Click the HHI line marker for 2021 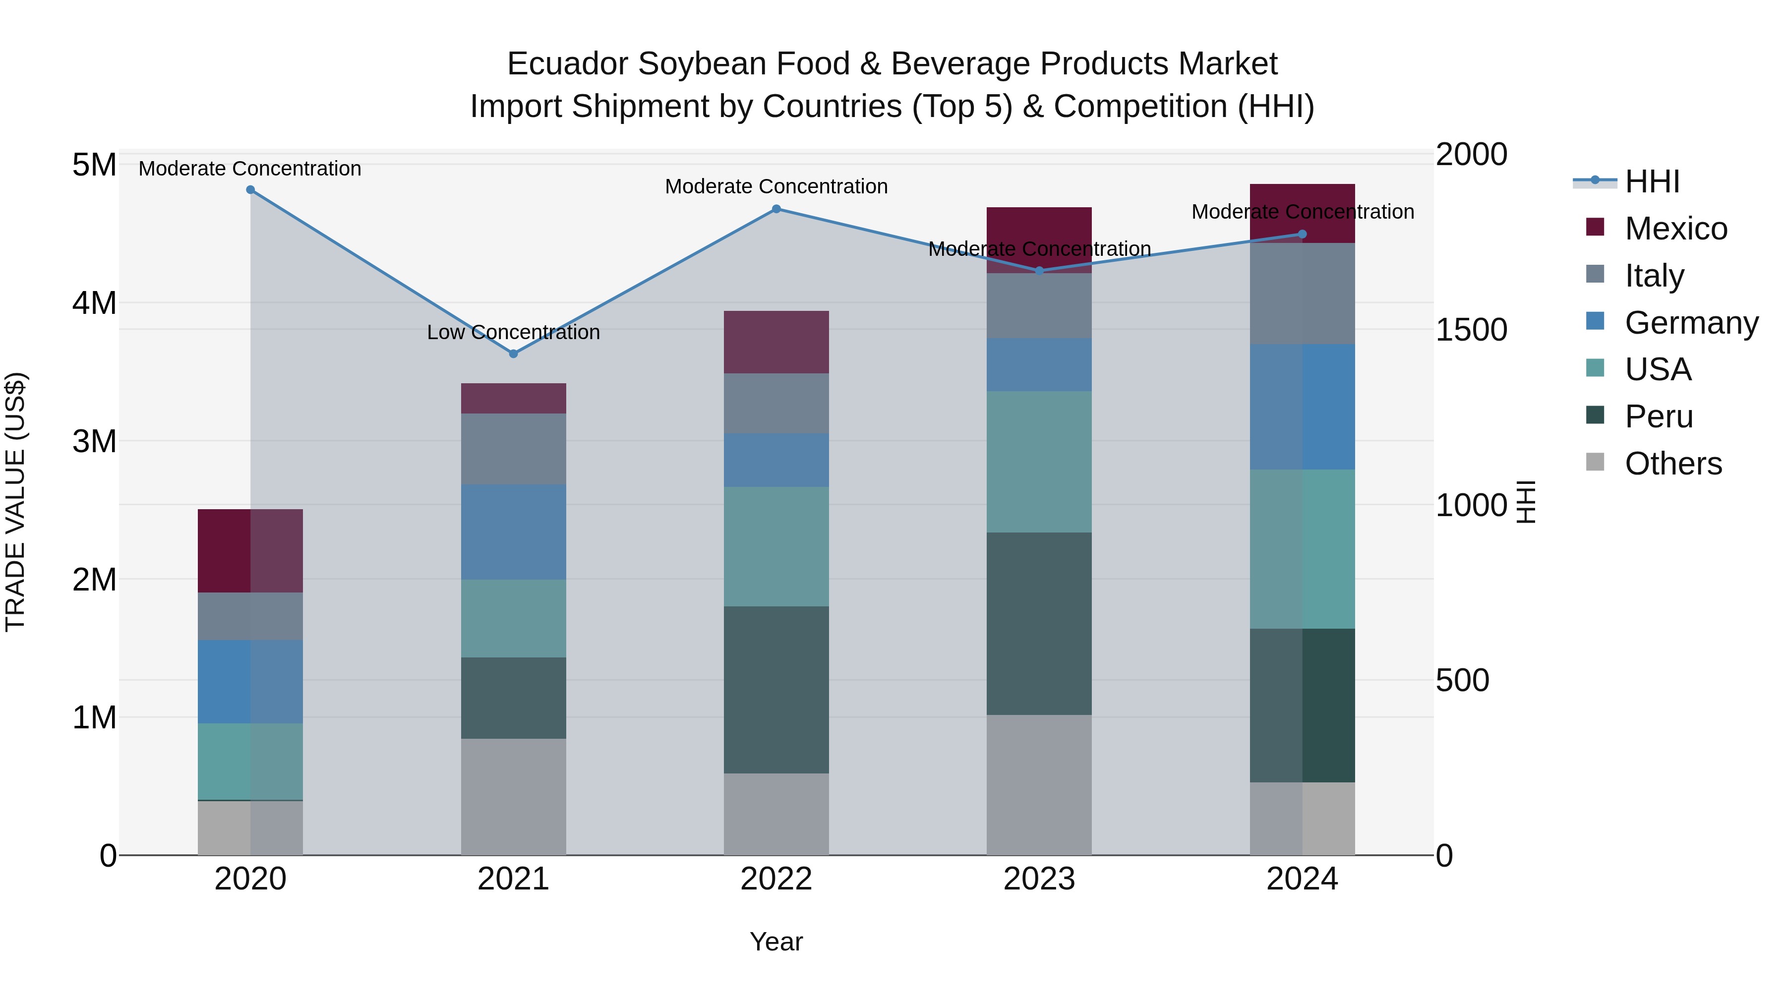pyautogui.click(x=514, y=354)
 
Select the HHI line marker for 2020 pyautogui.click(x=251, y=190)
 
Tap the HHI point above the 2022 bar pyautogui.click(x=776, y=209)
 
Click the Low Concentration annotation pyautogui.click(x=514, y=333)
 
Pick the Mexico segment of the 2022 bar pyautogui.click(x=776, y=342)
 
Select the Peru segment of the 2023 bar pyautogui.click(x=1039, y=624)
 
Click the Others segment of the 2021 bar pyautogui.click(x=514, y=797)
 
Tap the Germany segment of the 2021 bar pyautogui.click(x=514, y=532)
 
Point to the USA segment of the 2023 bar pyautogui.click(x=1039, y=462)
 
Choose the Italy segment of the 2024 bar pyautogui.click(x=1302, y=294)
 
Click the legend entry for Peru pyautogui.click(x=1658, y=416)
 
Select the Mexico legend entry pyautogui.click(x=1675, y=229)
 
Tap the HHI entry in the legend pyautogui.click(x=1652, y=181)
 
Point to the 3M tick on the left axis pyautogui.click(x=94, y=441)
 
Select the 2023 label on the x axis pyautogui.click(x=1039, y=879)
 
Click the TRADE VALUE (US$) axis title pyautogui.click(x=15, y=502)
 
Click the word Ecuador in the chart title pyautogui.click(x=568, y=64)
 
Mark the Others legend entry pyautogui.click(x=1673, y=464)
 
